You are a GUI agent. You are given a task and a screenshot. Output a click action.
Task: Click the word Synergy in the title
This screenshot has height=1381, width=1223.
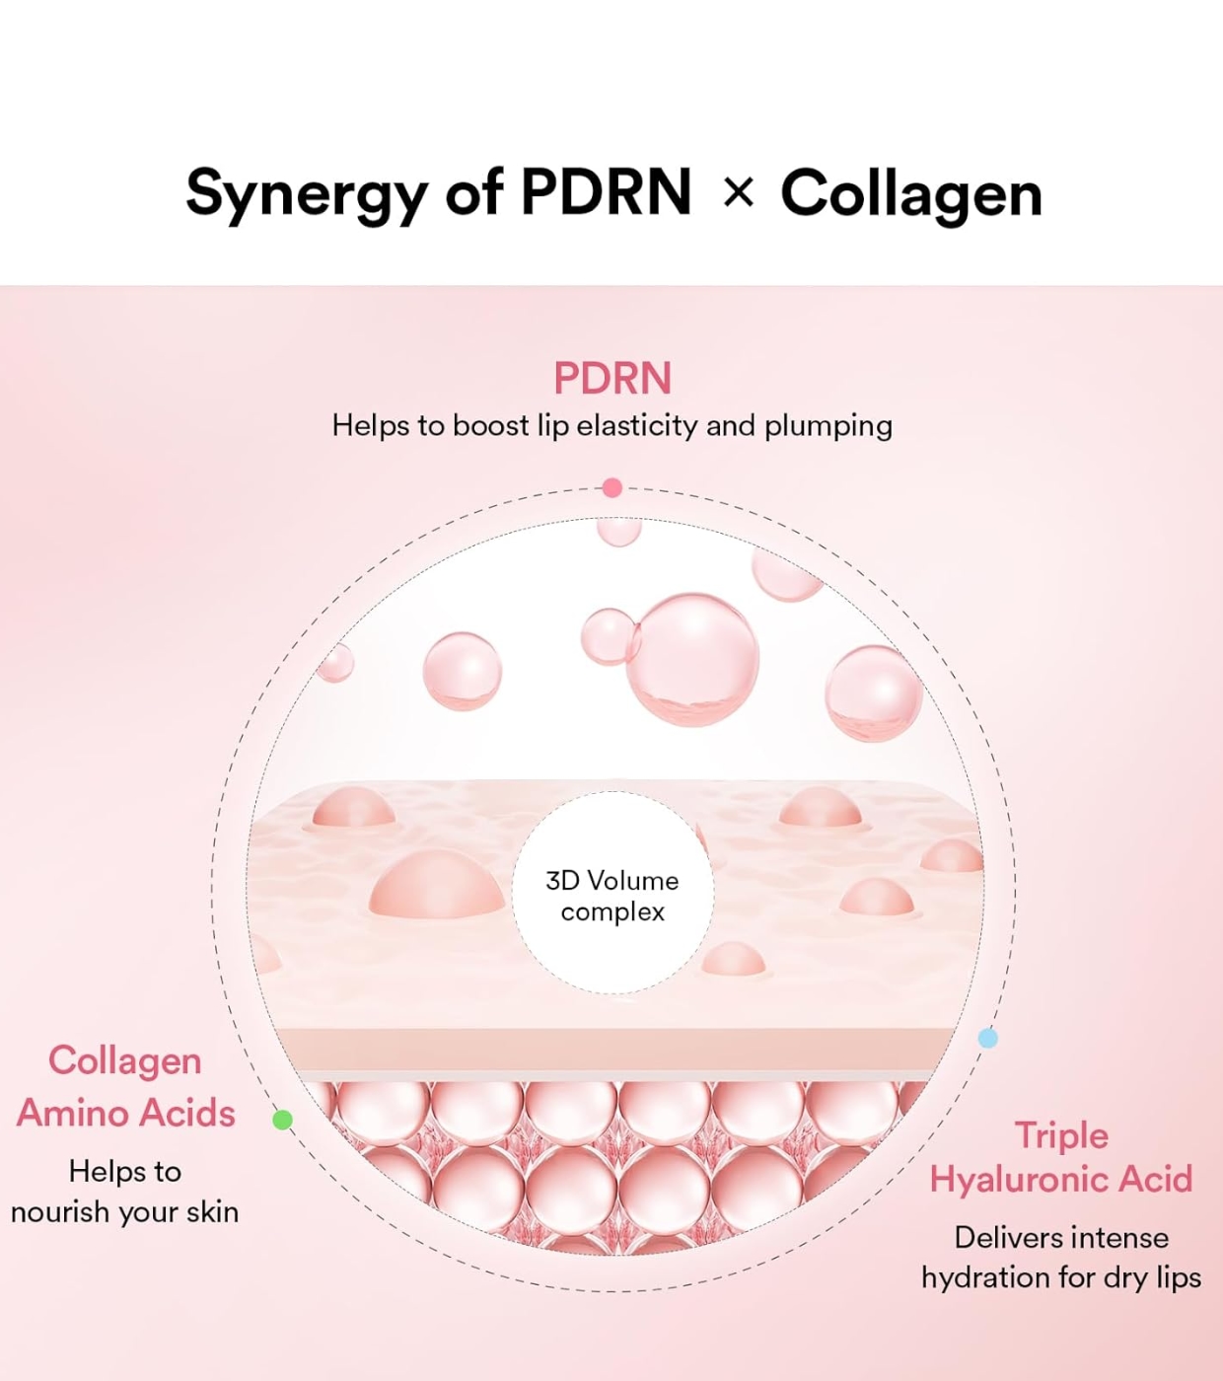(307, 193)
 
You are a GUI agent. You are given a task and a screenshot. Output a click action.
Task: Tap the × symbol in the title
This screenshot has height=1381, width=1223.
(738, 192)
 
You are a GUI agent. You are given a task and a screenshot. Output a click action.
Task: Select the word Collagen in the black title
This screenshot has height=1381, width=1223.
(911, 193)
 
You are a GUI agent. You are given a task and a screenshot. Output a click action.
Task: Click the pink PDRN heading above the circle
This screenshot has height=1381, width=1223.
(611, 378)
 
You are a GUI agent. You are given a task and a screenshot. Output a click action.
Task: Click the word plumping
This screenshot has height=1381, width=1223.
(828, 426)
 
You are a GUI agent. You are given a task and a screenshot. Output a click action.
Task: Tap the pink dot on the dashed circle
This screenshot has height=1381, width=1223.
(611, 487)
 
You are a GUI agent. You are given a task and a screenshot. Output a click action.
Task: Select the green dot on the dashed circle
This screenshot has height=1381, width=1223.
(282, 1120)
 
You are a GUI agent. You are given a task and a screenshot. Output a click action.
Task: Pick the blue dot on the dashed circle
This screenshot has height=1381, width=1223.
(987, 1038)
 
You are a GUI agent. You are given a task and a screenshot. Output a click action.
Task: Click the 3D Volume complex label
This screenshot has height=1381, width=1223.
(612, 895)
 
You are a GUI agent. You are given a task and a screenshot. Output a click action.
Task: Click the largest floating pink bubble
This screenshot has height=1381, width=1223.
(693, 659)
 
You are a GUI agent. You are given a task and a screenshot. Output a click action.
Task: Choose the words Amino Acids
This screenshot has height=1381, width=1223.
(126, 1113)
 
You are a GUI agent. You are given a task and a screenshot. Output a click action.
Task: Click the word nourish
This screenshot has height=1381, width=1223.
(59, 1211)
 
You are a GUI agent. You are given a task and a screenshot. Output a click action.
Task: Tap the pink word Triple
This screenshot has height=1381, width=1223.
(1061, 1135)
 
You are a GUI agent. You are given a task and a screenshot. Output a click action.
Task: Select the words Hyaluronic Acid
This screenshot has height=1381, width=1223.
(1061, 1179)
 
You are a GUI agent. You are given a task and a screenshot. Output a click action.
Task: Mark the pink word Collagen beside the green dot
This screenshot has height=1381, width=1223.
(125, 1060)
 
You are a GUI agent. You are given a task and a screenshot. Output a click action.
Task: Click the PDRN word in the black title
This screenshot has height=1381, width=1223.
(606, 192)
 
